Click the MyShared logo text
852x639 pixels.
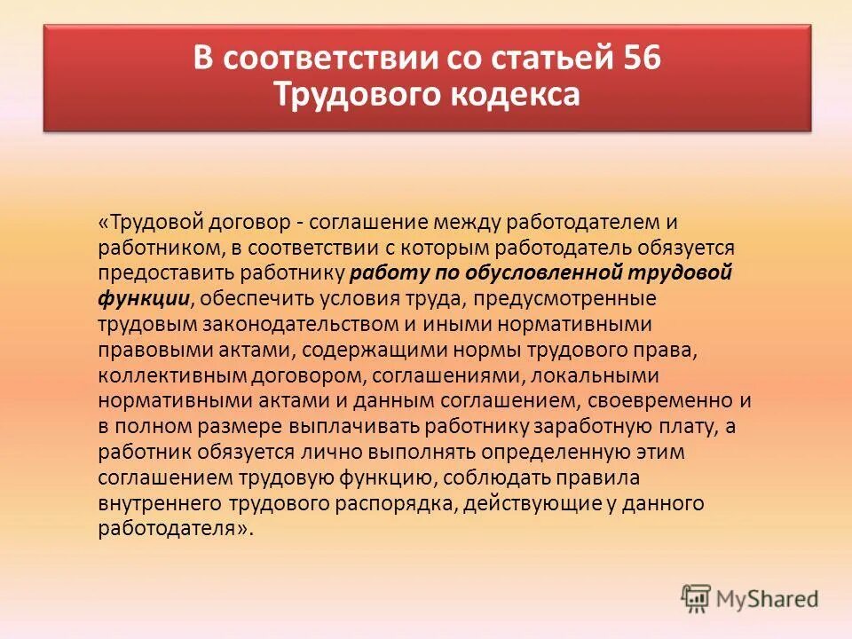(769, 598)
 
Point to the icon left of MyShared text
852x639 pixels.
(697, 598)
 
